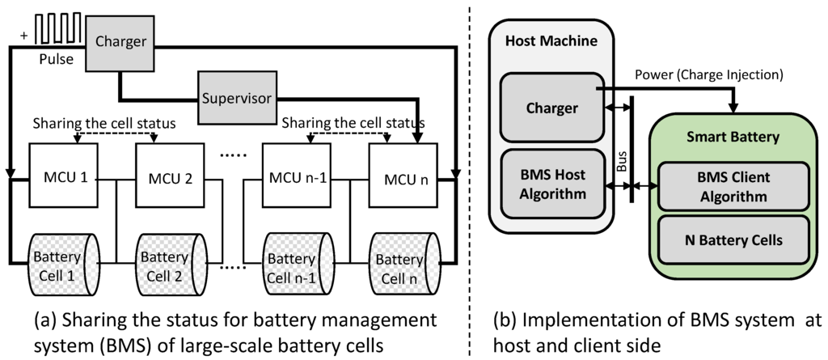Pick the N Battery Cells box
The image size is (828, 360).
(733, 239)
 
